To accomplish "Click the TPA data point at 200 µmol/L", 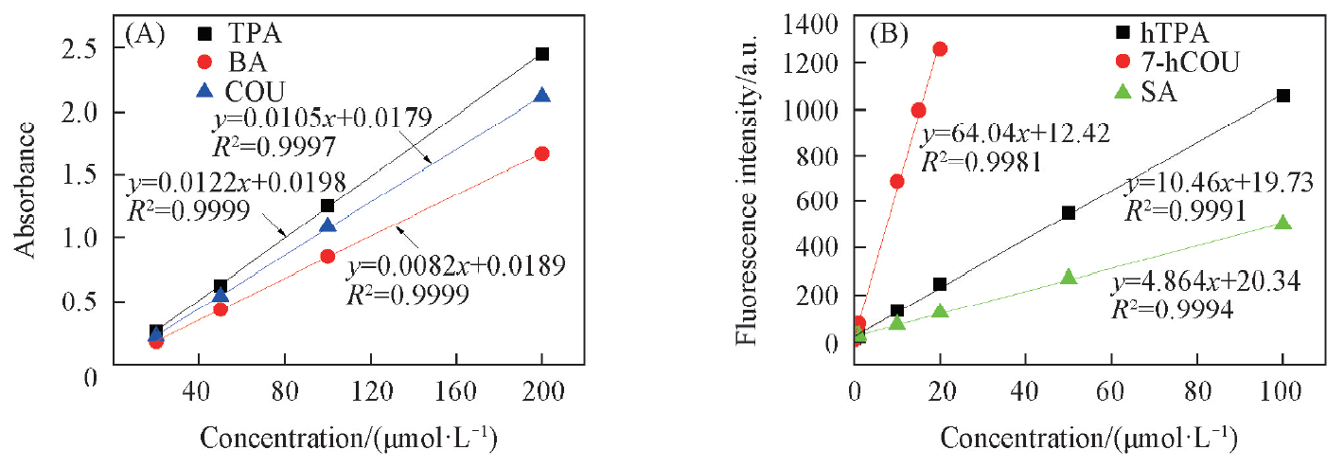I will click(542, 54).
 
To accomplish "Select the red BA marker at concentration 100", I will click(327, 256).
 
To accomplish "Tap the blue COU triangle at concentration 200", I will click(542, 96).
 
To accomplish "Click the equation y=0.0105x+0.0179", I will click(323, 118).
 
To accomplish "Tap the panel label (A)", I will click(146, 35).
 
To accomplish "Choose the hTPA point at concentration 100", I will click(1283, 96).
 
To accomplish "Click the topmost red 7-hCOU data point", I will click(940, 48).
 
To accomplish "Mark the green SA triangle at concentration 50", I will click(1069, 277).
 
